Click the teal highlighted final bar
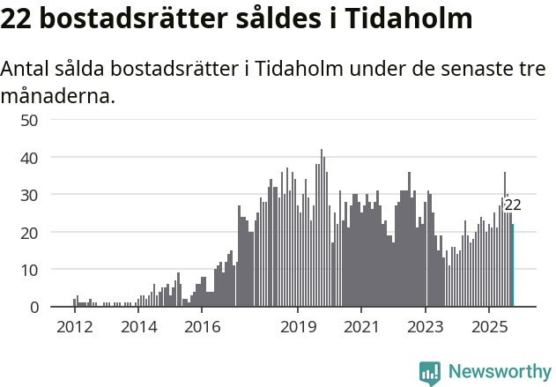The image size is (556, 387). (x=512, y=265)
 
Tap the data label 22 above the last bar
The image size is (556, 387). (x=513, y=205)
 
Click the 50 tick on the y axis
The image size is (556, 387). (x=28, y=120)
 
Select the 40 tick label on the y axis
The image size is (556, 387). (x=28, y=158)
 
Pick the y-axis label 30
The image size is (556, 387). (x=28, y=195)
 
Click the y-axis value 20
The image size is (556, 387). (x=28, y=233)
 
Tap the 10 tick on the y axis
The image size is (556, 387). (x=28, y=270)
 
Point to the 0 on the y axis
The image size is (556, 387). (x=33, y=308)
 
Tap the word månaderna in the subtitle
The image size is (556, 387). (x=58, y=95)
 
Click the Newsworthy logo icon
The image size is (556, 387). (x=430, y=373)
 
